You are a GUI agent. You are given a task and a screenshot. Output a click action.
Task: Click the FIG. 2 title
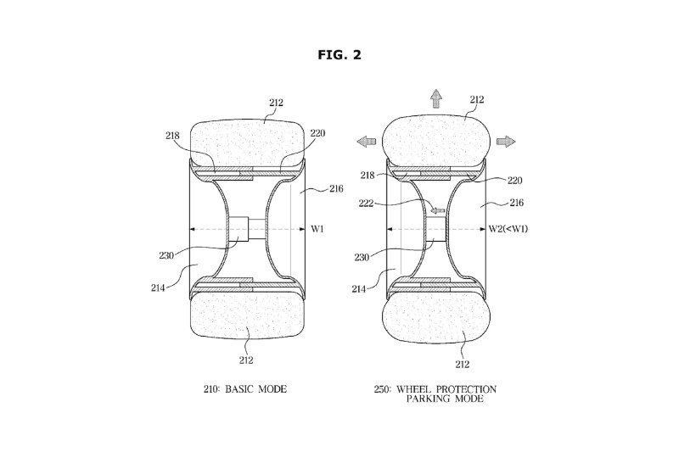click(339, 55)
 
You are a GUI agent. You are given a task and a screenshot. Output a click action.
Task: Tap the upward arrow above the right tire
click(436, 98)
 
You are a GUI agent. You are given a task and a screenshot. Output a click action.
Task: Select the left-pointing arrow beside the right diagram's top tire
click(367, 141)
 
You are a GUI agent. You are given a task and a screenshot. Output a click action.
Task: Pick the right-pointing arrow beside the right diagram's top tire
click(506, 141)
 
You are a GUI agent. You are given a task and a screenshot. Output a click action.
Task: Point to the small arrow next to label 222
click(438, 210)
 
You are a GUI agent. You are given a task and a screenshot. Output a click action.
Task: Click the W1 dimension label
click(317, 229)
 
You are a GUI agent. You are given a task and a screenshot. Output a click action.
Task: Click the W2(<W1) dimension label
click(508, 229)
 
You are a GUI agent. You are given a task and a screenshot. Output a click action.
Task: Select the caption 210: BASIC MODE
click(245, 389)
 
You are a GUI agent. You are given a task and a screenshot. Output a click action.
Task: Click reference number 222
click(367, 204)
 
